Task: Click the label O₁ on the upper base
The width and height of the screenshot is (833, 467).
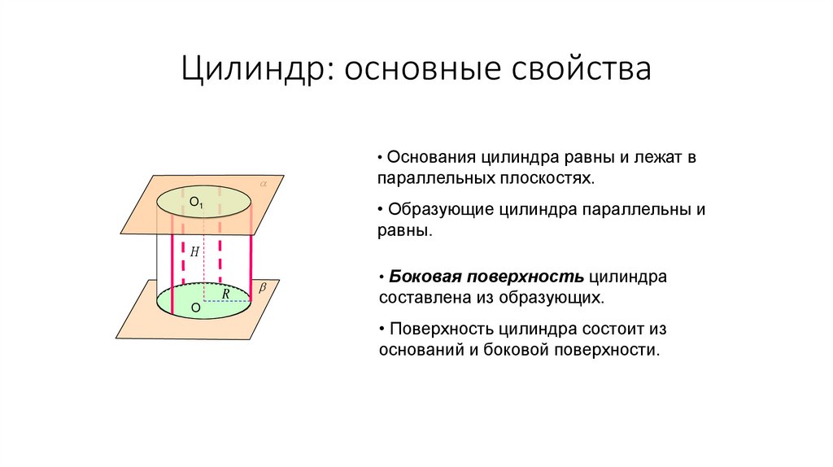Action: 196,200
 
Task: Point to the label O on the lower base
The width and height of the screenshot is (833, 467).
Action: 195,308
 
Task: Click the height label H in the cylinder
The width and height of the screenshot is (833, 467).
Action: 194,252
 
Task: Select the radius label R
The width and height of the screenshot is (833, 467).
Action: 225,294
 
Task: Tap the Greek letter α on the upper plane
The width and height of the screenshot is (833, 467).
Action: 264,185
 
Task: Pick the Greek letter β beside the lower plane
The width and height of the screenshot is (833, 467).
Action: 262,288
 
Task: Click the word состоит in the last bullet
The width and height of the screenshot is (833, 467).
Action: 613,330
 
